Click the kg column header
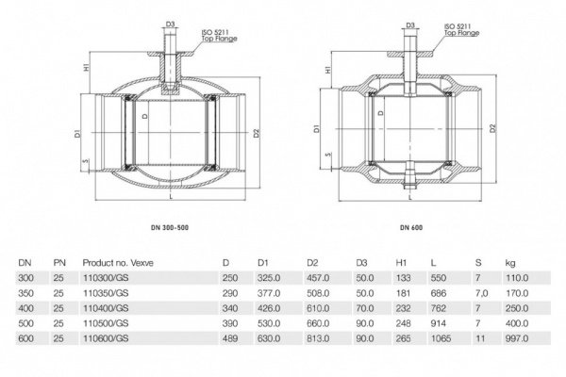pos(510,261)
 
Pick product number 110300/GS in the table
pos(105,279)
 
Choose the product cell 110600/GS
pos(105,336)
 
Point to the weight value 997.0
pos(517,336)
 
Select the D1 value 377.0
pos(269,293)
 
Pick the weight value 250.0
pos(517,307)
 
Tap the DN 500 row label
pos(25,322)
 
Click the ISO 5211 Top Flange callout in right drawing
pos(462,31)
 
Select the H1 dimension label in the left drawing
pos(86,68)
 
